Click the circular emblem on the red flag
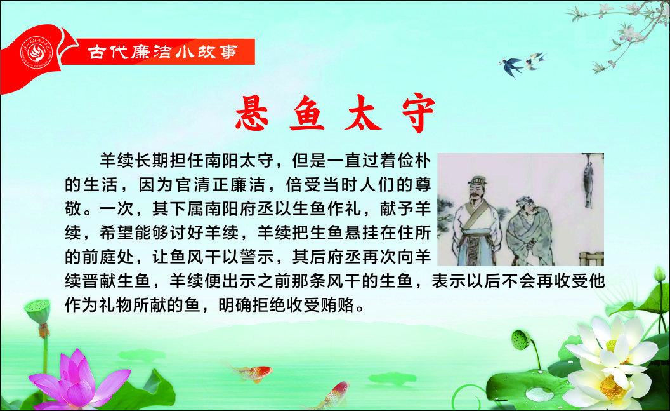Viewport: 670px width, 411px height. pos(37,53)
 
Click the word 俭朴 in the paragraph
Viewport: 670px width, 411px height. pos(414,161)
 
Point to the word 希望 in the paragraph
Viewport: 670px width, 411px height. pos(117,232)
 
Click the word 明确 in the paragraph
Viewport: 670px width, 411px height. pos(235,305)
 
